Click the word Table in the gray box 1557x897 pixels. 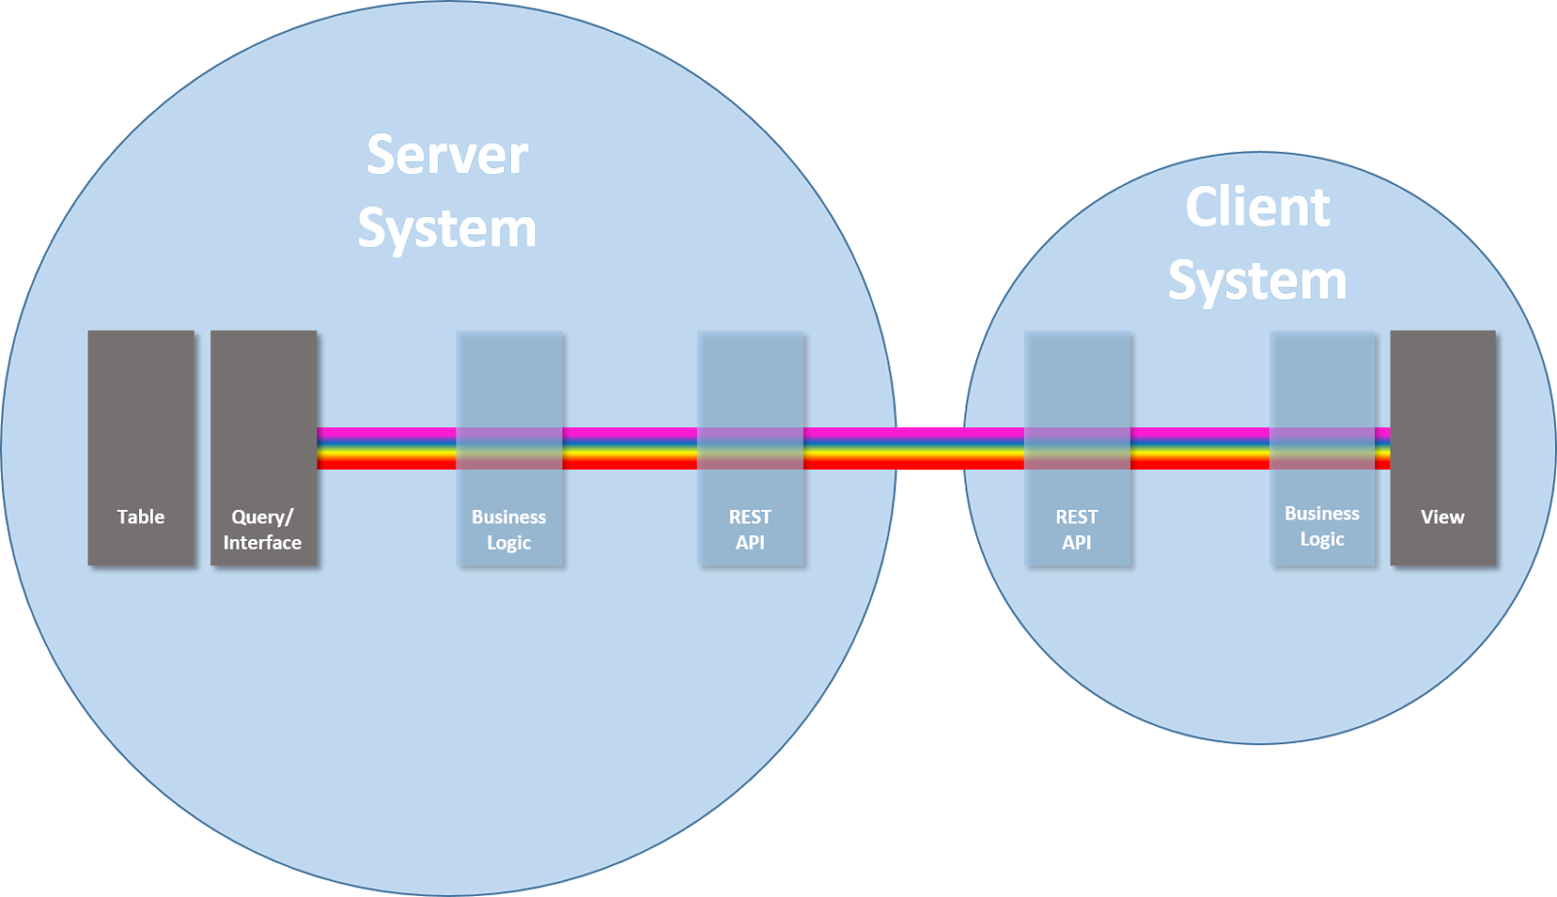click(140, 517)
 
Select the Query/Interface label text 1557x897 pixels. click(262, 529)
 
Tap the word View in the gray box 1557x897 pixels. click(1442, 517)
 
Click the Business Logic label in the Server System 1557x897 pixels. click(509, 529)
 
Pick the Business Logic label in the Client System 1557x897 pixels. click(1322, 526)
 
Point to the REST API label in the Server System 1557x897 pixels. click(750, 529)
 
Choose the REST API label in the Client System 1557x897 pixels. click(1076, 529)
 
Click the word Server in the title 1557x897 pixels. click(447, 155)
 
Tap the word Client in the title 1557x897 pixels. click(1257, 207)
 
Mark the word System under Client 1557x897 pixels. click(1257, 281)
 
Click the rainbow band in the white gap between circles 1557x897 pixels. click(930, 448)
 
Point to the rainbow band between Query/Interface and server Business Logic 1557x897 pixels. click(386, 448)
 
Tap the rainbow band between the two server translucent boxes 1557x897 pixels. click(630, 448)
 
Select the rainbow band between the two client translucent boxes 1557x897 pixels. click(1201, 448)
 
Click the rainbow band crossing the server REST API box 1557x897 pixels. click(750, 448)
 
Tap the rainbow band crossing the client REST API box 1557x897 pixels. click(1077, 448)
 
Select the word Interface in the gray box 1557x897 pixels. click(262, 542)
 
